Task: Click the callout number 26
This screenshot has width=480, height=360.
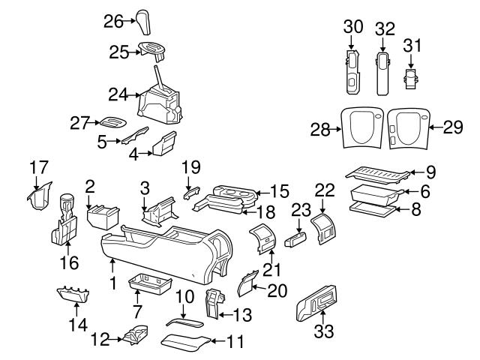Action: [x=112, y=21]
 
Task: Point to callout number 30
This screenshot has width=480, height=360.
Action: [x=353, y=28]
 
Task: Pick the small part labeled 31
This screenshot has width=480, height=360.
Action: [x=411, y=77]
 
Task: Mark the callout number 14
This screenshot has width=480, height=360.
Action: [x=78, y=325]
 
